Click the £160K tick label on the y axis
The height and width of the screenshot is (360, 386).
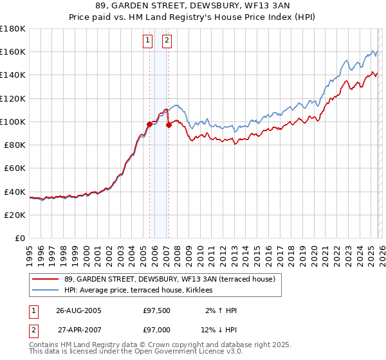point(12,51)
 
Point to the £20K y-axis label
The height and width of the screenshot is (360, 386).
point(14,215)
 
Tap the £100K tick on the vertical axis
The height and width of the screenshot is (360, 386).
point(12,122)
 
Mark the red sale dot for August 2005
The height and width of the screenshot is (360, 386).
point(149,123)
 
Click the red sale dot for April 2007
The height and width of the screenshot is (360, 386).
point(169,125)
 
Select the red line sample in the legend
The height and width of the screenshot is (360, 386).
point(46,279)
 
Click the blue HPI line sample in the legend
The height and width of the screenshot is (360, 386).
point(46,291)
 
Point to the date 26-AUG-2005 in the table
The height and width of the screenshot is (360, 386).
point(78,310)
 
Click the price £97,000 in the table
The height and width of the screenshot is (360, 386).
point(157,330)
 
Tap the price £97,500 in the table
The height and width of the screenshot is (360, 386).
point(157,310)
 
